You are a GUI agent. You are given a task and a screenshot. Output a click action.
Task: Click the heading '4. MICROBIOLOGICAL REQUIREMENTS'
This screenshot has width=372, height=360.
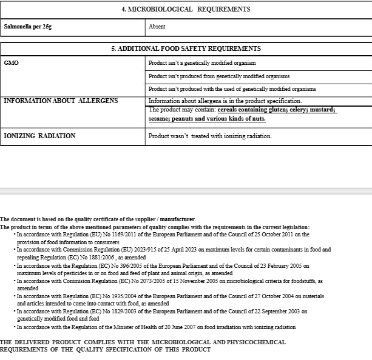pos(186,9)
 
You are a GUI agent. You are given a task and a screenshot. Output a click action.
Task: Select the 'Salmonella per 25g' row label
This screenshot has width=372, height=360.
pos(27,27)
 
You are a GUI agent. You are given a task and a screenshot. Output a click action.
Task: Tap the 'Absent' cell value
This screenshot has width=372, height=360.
pos(157,27)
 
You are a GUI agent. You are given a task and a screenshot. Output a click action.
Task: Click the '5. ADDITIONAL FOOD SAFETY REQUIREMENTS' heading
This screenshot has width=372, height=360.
pos(186,48)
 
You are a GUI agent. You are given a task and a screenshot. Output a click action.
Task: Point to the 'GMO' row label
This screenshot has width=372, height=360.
pos(11,62)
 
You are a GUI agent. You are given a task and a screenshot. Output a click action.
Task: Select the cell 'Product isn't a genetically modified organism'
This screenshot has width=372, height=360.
pos(202,63)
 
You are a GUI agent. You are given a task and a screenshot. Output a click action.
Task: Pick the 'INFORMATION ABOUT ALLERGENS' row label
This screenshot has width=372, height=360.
pos(61,101)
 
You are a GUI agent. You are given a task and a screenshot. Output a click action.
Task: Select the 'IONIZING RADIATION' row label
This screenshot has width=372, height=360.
pos(39,136)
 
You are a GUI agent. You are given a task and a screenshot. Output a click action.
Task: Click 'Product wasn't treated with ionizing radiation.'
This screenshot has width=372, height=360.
pos(210,136)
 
